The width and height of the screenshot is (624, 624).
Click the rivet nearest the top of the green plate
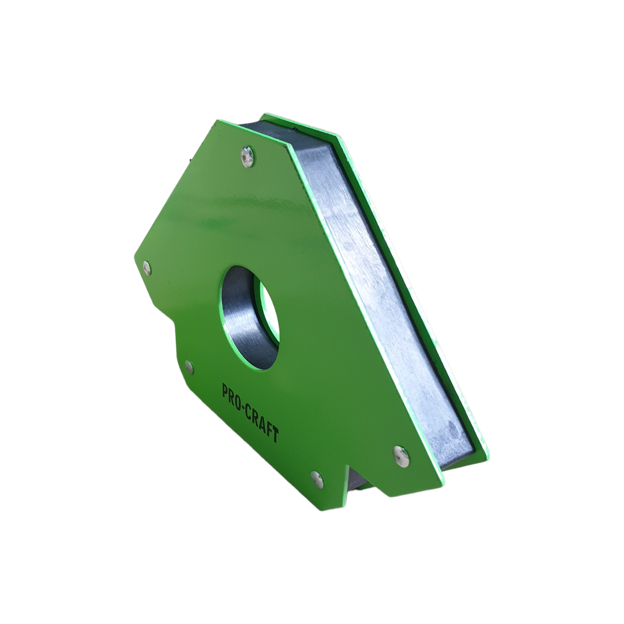tap(247, 156)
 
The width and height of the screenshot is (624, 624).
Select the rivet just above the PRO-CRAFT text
tap(189, 367)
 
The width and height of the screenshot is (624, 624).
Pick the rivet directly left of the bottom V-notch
tap(317, 478)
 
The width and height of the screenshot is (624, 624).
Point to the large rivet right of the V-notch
tap(401, 454)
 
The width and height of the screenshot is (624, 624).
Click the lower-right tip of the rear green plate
tap(487, 449)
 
